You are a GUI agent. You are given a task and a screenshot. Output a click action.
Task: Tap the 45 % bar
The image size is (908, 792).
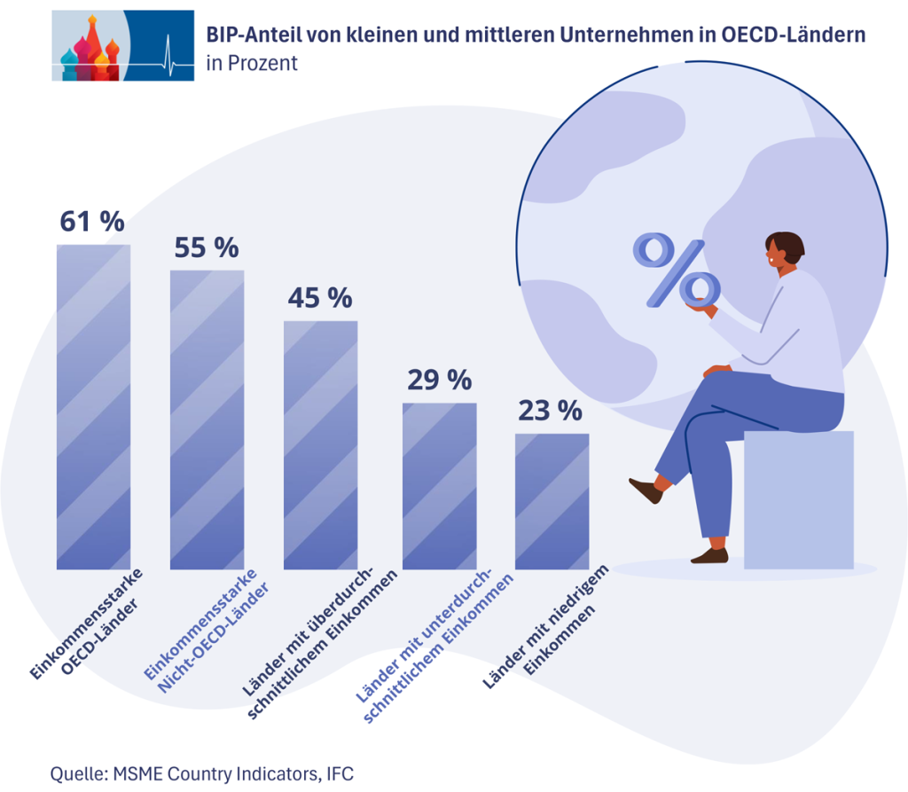click(320, 443)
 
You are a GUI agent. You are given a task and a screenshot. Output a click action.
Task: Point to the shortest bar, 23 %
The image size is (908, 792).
click(552, 500)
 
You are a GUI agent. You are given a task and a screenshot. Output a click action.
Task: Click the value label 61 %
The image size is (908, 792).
click(91, 221)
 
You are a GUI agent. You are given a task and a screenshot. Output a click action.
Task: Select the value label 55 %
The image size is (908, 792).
click(206, 247)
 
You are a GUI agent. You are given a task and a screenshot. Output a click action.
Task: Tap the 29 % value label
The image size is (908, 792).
click(439, 380)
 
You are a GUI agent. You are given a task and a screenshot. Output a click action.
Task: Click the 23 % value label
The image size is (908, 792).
click(550, 411)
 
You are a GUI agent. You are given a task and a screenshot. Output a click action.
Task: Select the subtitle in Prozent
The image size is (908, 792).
click(251, 64)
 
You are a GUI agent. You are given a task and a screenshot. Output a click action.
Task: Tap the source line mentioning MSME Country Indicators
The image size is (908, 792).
click(202, 773)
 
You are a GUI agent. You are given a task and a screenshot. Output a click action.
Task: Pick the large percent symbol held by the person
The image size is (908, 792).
click(676, 270)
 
